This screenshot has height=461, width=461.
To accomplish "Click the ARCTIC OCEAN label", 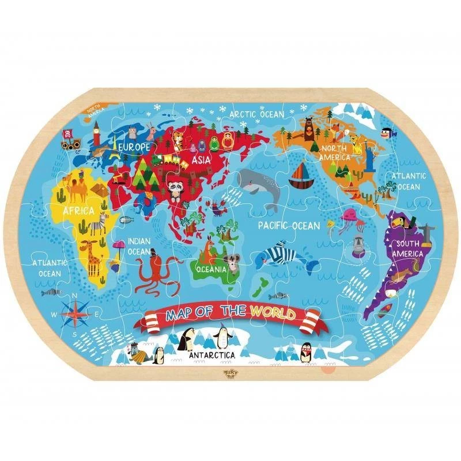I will pyautogui.click(x=257, y=114).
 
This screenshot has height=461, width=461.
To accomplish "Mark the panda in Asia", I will pyautogui.click(x=175, y=188).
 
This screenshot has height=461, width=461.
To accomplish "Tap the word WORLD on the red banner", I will pyautogui.click(x=273, y=314).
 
